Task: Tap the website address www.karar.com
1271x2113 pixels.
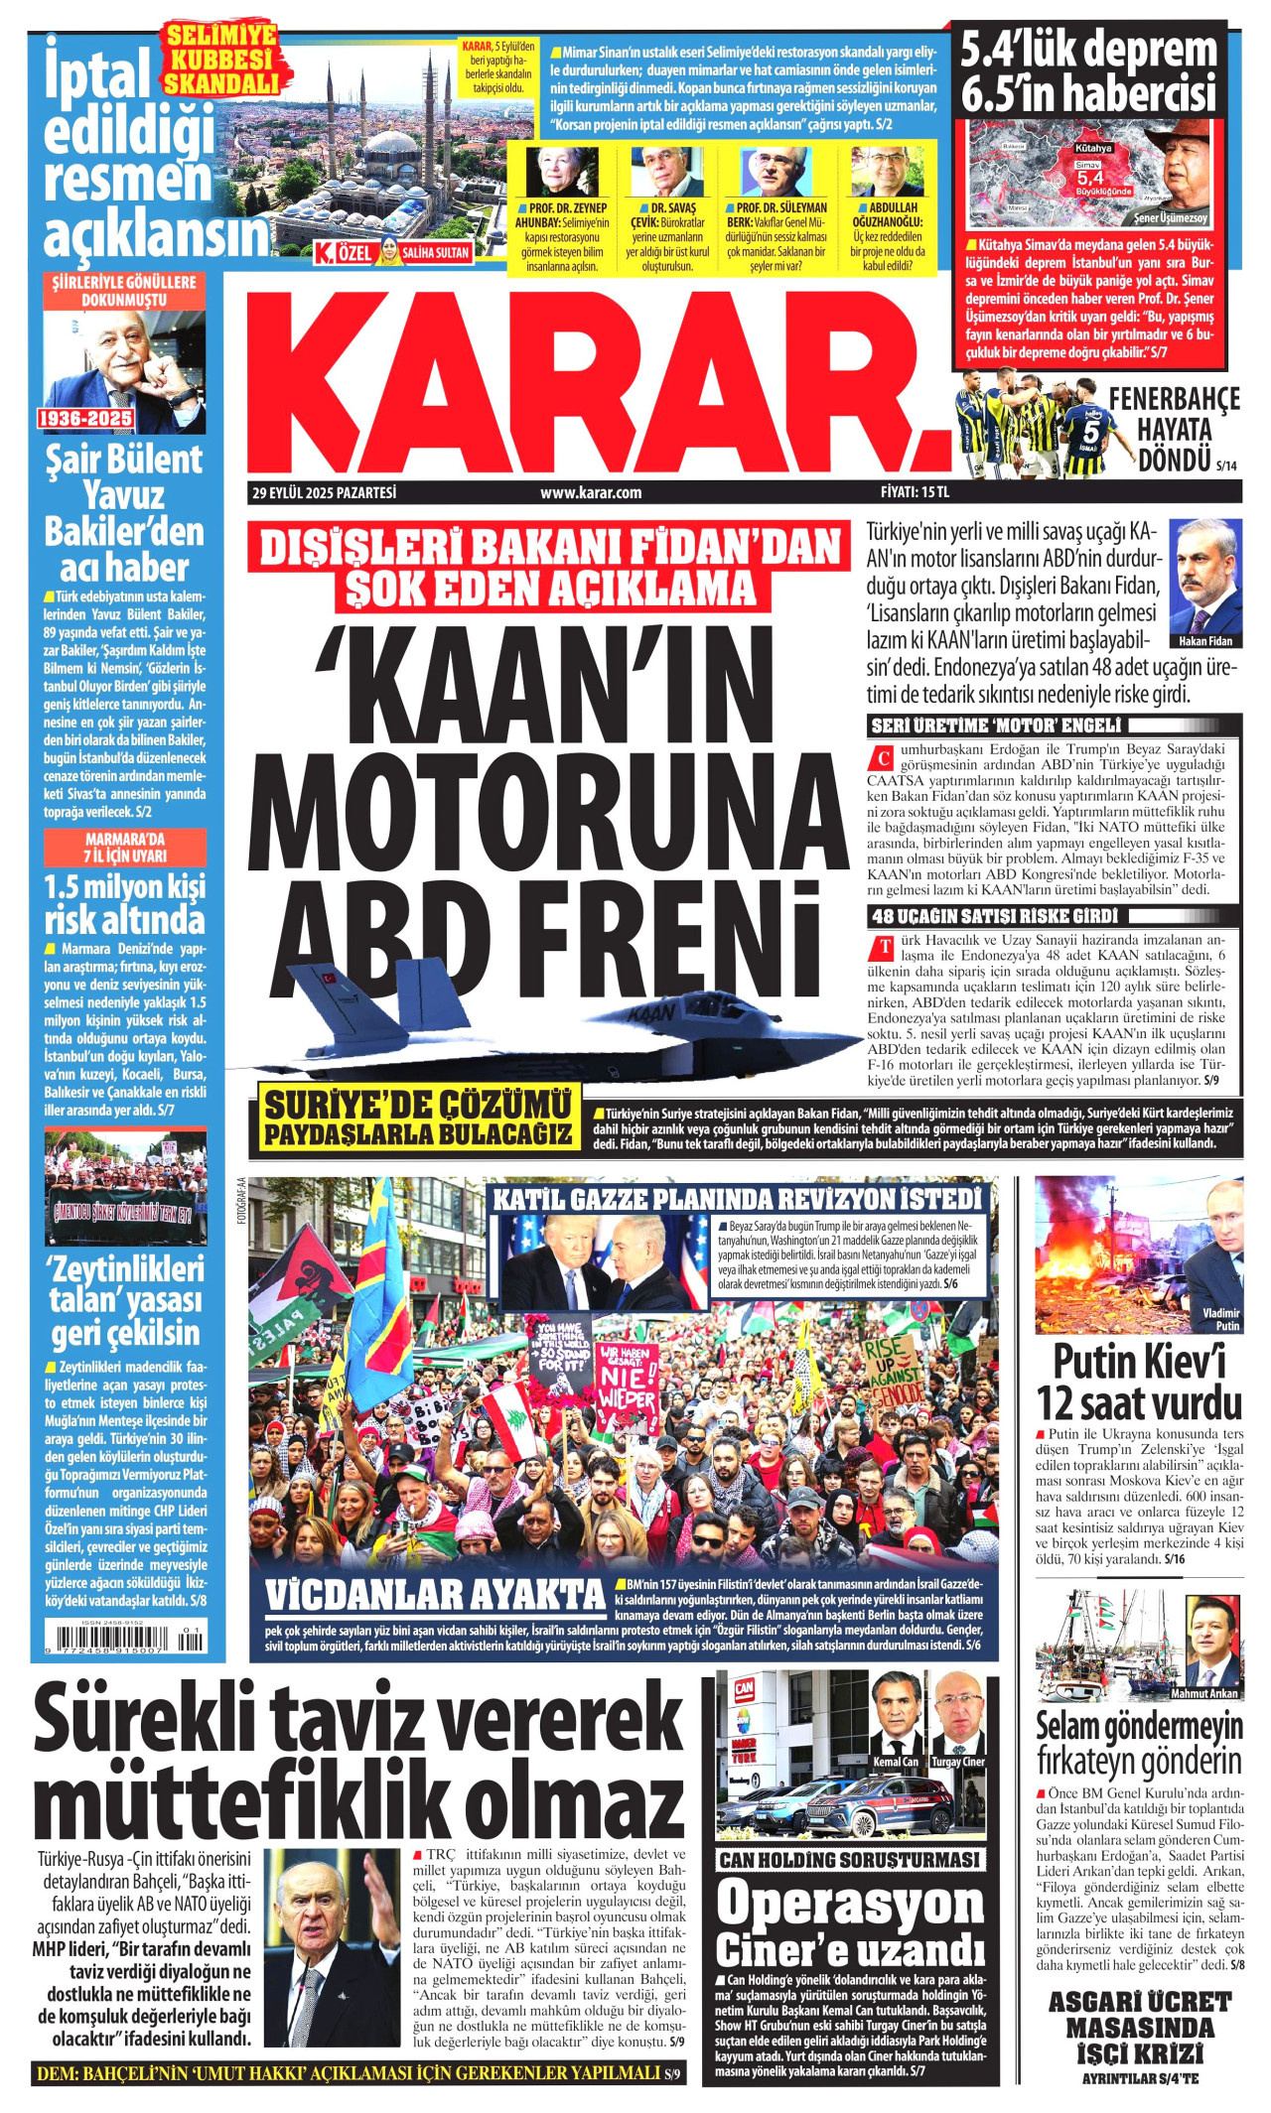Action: click(591, 492)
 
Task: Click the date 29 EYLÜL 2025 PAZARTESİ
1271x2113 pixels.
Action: click(324, 492)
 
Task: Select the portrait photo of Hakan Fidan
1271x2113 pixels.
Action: click(1205, 577)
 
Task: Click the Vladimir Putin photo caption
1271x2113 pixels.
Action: click(1220, 1319)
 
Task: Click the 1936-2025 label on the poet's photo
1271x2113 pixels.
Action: click(85, 419)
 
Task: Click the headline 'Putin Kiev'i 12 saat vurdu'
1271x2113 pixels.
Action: click(1138, 1383)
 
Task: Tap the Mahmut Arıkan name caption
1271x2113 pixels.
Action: click(1203, 1694)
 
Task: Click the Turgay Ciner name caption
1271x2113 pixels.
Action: click(958, 1762)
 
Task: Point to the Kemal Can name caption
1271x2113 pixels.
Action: click(896, 1762)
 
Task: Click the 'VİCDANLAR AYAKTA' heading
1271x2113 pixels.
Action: click(435, 1595)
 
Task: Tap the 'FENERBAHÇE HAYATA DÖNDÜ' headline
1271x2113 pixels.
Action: click(1175, 430)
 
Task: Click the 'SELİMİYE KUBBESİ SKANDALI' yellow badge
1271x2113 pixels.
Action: click(220, 61)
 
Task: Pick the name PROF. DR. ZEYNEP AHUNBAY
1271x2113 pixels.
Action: click(555, 215)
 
